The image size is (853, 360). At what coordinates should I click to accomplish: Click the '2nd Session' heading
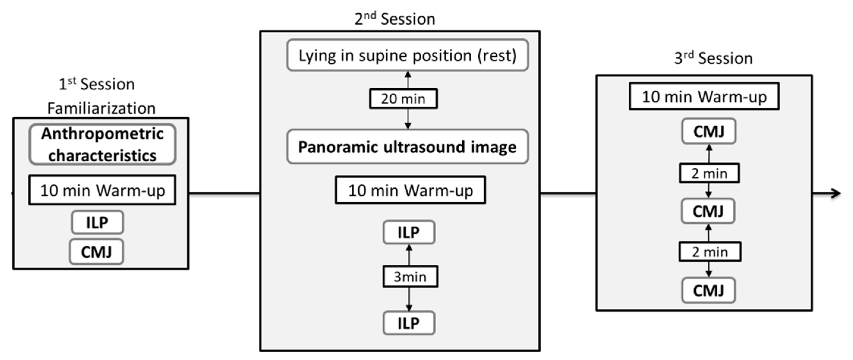[x=395, y=19]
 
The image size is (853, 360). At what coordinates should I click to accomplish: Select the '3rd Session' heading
[x=713, y=58]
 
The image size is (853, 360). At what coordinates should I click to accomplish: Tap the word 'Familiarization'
[x=101, y=108]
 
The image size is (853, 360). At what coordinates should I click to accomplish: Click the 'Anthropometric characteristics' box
[x=102, y=145]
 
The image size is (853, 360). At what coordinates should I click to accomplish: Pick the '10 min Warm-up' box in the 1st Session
[x=102, y=190]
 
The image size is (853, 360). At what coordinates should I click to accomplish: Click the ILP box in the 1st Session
[x=97, y=222]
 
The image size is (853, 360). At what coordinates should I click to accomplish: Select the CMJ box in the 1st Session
[x=96, y=252]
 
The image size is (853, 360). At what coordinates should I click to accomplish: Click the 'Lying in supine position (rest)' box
[x=408, y=55]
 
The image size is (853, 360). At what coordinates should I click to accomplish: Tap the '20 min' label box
[x=403, y=99]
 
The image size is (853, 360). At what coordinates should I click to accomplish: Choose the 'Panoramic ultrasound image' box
[x=408, y=147]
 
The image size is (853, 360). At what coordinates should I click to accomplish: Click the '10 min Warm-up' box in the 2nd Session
[x=410, y=190]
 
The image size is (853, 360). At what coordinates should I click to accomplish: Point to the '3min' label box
[x=410, y=277]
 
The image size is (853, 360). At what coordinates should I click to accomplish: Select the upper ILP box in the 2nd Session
[x=409, y=232]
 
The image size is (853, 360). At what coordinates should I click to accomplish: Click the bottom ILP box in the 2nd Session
[x=409, y=323]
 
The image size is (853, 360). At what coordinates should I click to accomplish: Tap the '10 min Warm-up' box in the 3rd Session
[x=704, y=96]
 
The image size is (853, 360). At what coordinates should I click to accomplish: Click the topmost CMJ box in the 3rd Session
[x=709, y=132]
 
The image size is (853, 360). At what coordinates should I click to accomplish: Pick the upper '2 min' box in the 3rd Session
[x=709, y=173]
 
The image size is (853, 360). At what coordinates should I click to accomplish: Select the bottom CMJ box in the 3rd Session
[x=709, y=290]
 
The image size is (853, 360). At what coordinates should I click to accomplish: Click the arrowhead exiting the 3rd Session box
[x=836, y=193]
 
